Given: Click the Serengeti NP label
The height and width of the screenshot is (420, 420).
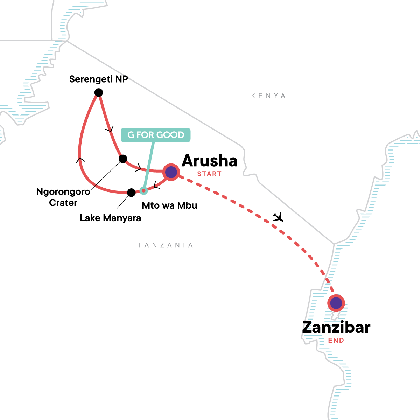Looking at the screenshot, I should (98, 79).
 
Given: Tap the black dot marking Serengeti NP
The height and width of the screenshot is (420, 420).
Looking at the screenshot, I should (99, 92).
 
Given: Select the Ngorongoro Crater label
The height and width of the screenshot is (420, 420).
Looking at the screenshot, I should (63, 197).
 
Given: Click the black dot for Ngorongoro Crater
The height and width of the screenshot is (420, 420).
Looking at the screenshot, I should (123, 159).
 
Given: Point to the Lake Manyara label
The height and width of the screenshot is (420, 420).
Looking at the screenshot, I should (110, 218).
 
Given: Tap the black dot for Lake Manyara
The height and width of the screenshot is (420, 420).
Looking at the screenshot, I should (131, 192).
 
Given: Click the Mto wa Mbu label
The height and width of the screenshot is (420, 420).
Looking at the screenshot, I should (169, 205).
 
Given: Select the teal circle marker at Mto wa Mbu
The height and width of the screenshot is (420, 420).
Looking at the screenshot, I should (143, 190).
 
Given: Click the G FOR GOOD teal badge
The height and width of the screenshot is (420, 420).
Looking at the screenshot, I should (156, 135).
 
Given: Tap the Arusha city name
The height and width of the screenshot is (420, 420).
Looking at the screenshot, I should (210, 161).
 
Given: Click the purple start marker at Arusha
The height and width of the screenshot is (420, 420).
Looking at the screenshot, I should (171, 172).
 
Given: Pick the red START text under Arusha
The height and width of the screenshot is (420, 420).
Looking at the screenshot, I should (209, 174).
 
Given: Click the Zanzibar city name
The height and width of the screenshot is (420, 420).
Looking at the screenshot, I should (336, 328).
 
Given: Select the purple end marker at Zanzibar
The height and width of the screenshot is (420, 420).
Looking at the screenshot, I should (336, 303).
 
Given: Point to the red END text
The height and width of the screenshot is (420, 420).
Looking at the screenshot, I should (336, 340).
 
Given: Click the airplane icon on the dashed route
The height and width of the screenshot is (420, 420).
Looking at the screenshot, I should (278, 217).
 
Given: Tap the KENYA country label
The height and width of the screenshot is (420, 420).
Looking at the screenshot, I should (268, 96).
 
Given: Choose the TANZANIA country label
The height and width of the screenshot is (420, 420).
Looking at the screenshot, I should (166, 245).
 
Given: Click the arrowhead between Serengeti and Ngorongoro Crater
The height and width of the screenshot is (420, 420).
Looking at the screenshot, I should (110, 130).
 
